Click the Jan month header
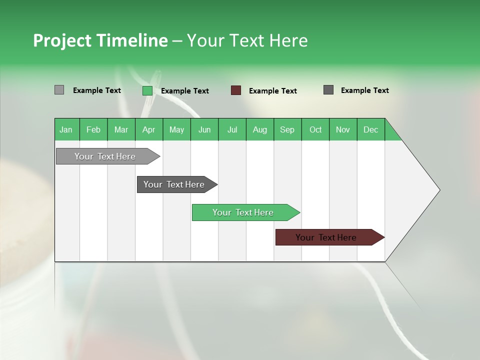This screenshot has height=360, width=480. pos(66,129)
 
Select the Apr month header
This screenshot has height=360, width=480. pos(149,129)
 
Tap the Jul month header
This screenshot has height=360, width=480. pos(232,129)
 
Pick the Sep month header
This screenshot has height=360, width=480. pos(287,129)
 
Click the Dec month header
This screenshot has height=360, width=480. pos(370,129)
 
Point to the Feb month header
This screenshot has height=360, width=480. pos(93,129)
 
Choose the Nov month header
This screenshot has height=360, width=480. pos(343,129)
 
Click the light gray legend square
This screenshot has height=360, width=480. pos(59,90)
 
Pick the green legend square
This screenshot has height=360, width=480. pos(147,90)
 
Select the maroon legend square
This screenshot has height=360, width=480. pos(236,90)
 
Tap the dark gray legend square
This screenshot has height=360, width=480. pos(328,90)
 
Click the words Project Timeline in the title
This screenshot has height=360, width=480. pos(100,40)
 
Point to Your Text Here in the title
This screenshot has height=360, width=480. pos(247,40)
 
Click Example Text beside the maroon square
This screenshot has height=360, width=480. pos(272,91)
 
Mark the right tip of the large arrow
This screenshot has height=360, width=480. pos(439,190)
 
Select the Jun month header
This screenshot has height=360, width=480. pos(204,129)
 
